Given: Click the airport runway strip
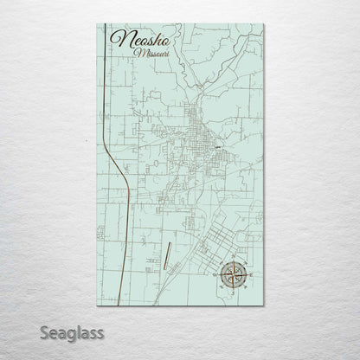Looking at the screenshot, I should [164, 256].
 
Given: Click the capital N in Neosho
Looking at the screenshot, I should [116, 41].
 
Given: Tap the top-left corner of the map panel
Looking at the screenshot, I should [93, 22].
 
